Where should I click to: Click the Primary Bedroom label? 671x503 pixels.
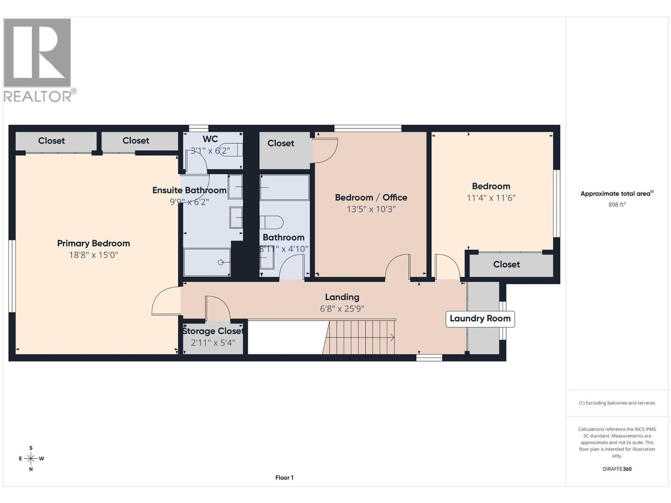click(93, 243)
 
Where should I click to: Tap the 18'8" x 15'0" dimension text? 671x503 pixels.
click(93, 255)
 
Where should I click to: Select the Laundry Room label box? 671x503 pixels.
click(480, 319)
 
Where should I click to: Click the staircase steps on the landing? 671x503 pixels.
click(361, 337)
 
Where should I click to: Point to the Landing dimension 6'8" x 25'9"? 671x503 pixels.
click(342, 309)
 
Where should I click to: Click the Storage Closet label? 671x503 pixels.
click(213, 331)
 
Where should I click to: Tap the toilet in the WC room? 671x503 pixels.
click(231, 150)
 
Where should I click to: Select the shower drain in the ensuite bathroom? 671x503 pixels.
click(221, 262)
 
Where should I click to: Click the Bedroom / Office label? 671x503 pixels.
click(371, 197)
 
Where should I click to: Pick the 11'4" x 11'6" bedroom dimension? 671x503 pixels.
click(491, 198)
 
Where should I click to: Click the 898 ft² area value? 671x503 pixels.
click(616, 205)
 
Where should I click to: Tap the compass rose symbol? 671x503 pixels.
click(31, 459)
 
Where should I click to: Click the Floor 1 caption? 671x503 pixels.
click(284, 477)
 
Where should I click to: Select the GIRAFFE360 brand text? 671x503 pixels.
click(616, 469)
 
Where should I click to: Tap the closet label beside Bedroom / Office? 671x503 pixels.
click(281, 143)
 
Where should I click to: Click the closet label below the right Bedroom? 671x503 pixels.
click(506, 264)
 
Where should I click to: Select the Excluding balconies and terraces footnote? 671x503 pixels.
click(616, 403)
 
